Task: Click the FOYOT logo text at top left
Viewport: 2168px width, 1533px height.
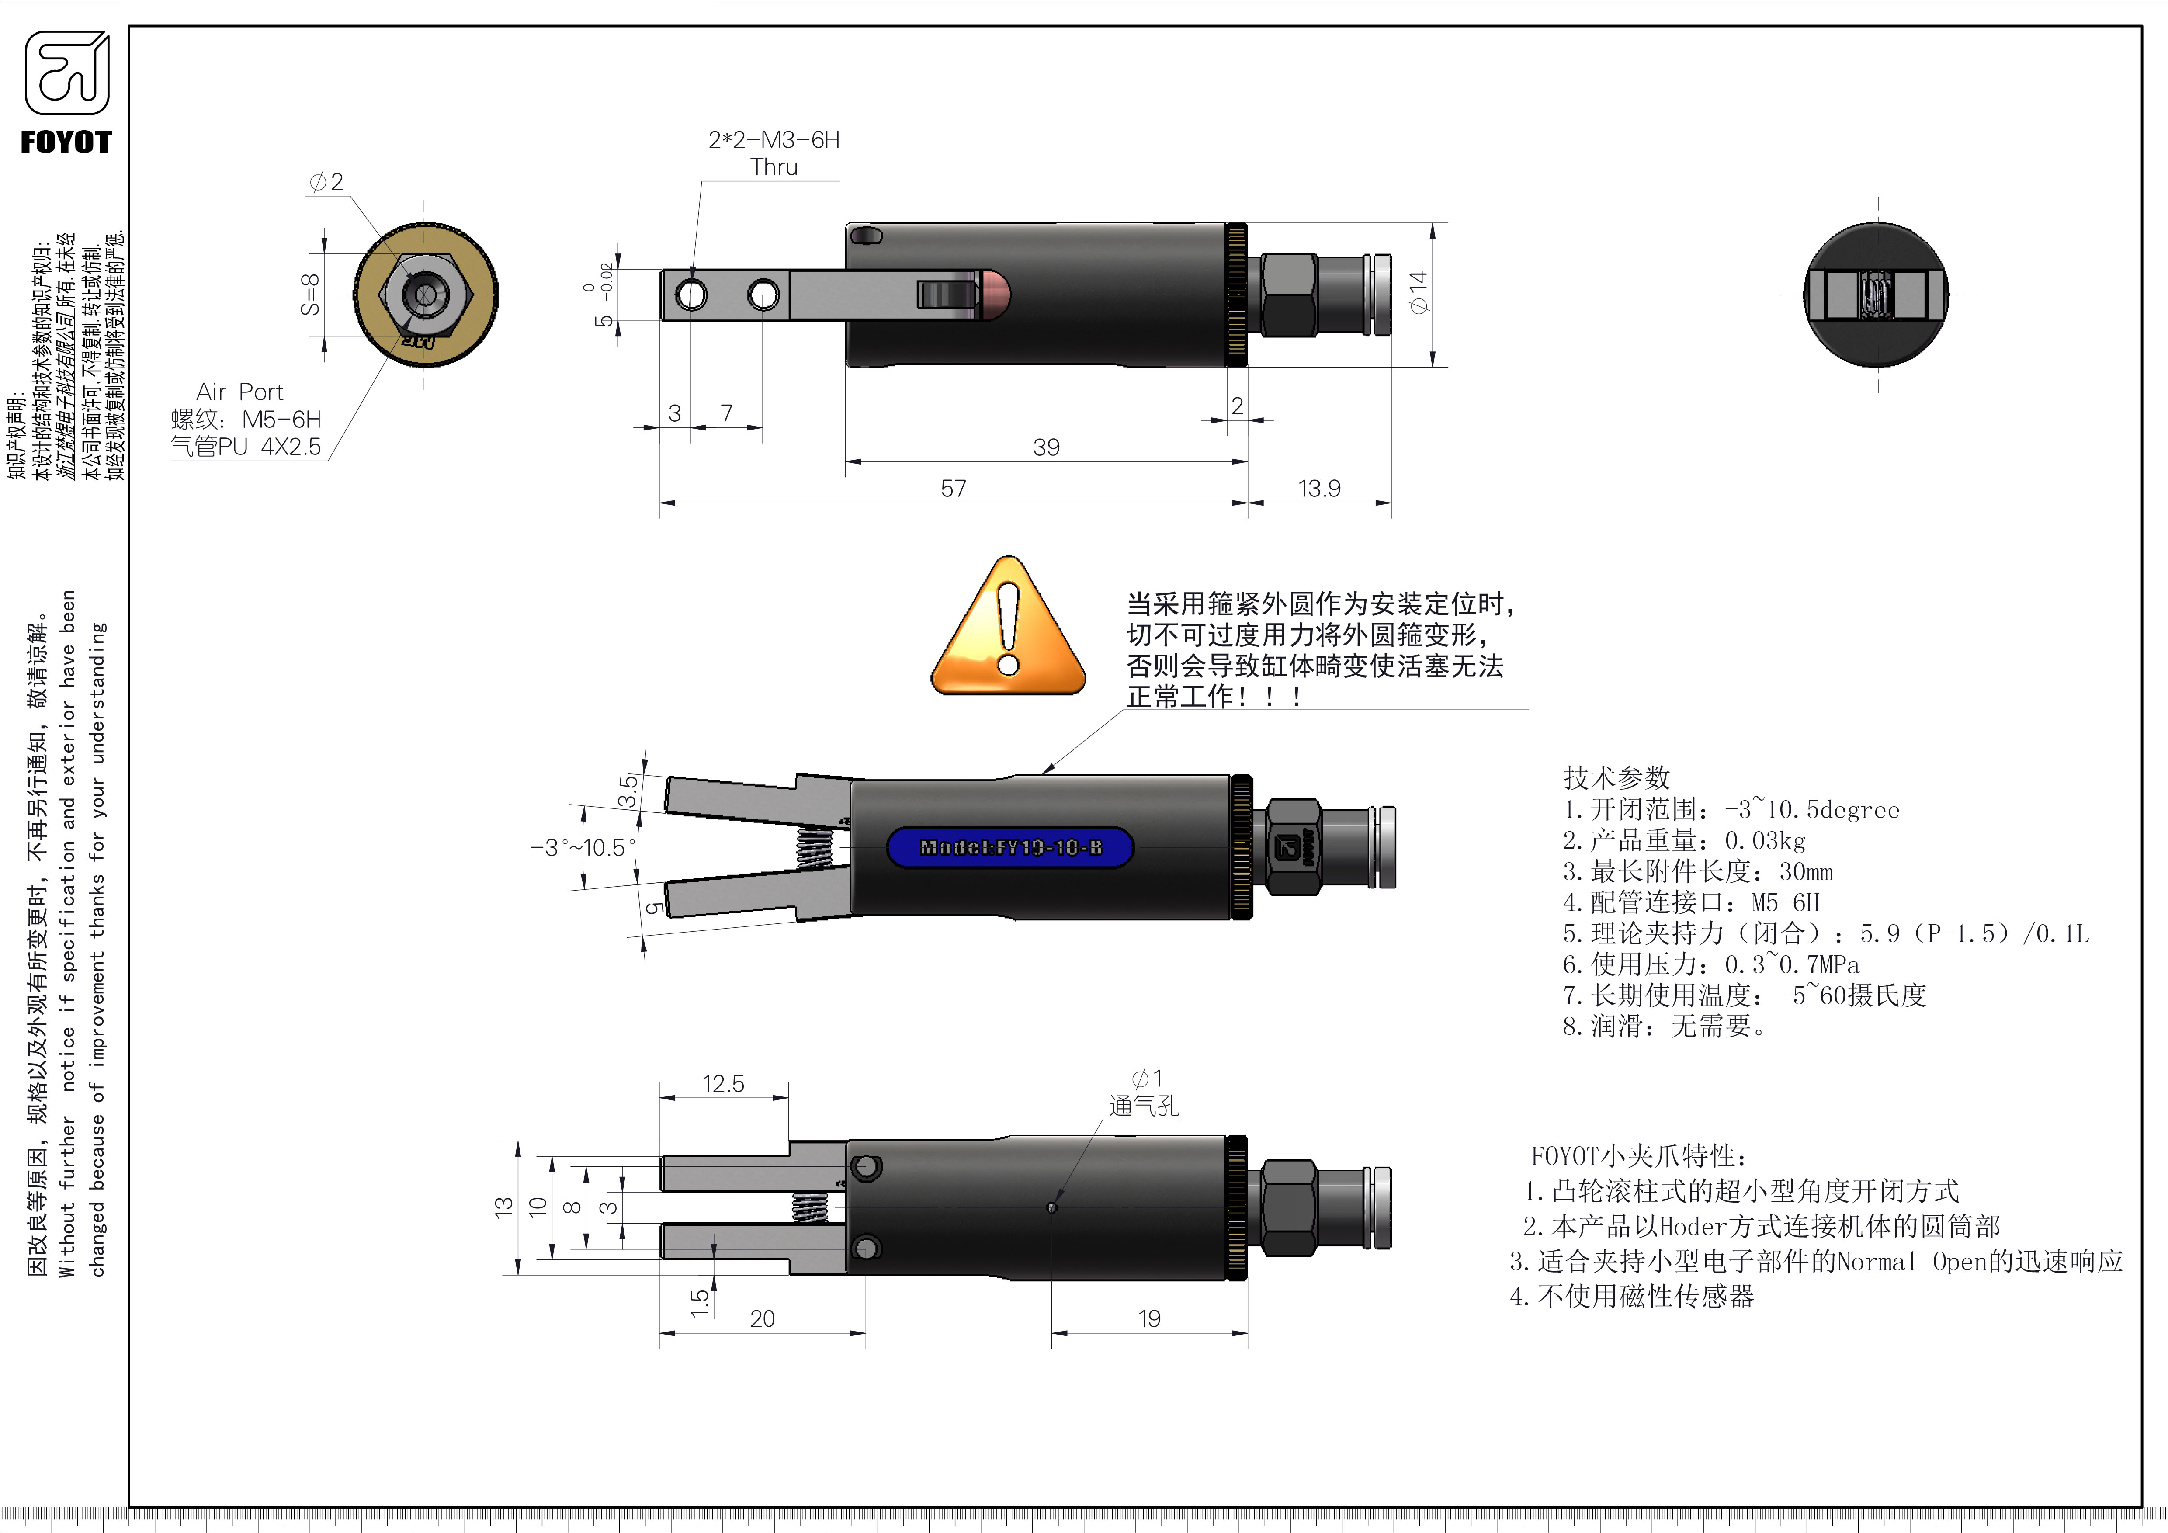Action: (x=66, y=142)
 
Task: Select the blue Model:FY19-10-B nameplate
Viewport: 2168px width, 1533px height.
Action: (x=1010, y=847)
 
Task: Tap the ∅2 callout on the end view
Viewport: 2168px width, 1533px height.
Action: (x=327, y=181)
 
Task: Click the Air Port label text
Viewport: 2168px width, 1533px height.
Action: (x=240, y=392)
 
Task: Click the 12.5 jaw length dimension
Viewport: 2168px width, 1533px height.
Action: (x=723, y=1084)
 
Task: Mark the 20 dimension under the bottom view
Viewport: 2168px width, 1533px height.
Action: (x=762, y=1319)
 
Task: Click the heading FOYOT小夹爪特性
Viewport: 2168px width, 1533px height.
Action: (x=1638, y=1156)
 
